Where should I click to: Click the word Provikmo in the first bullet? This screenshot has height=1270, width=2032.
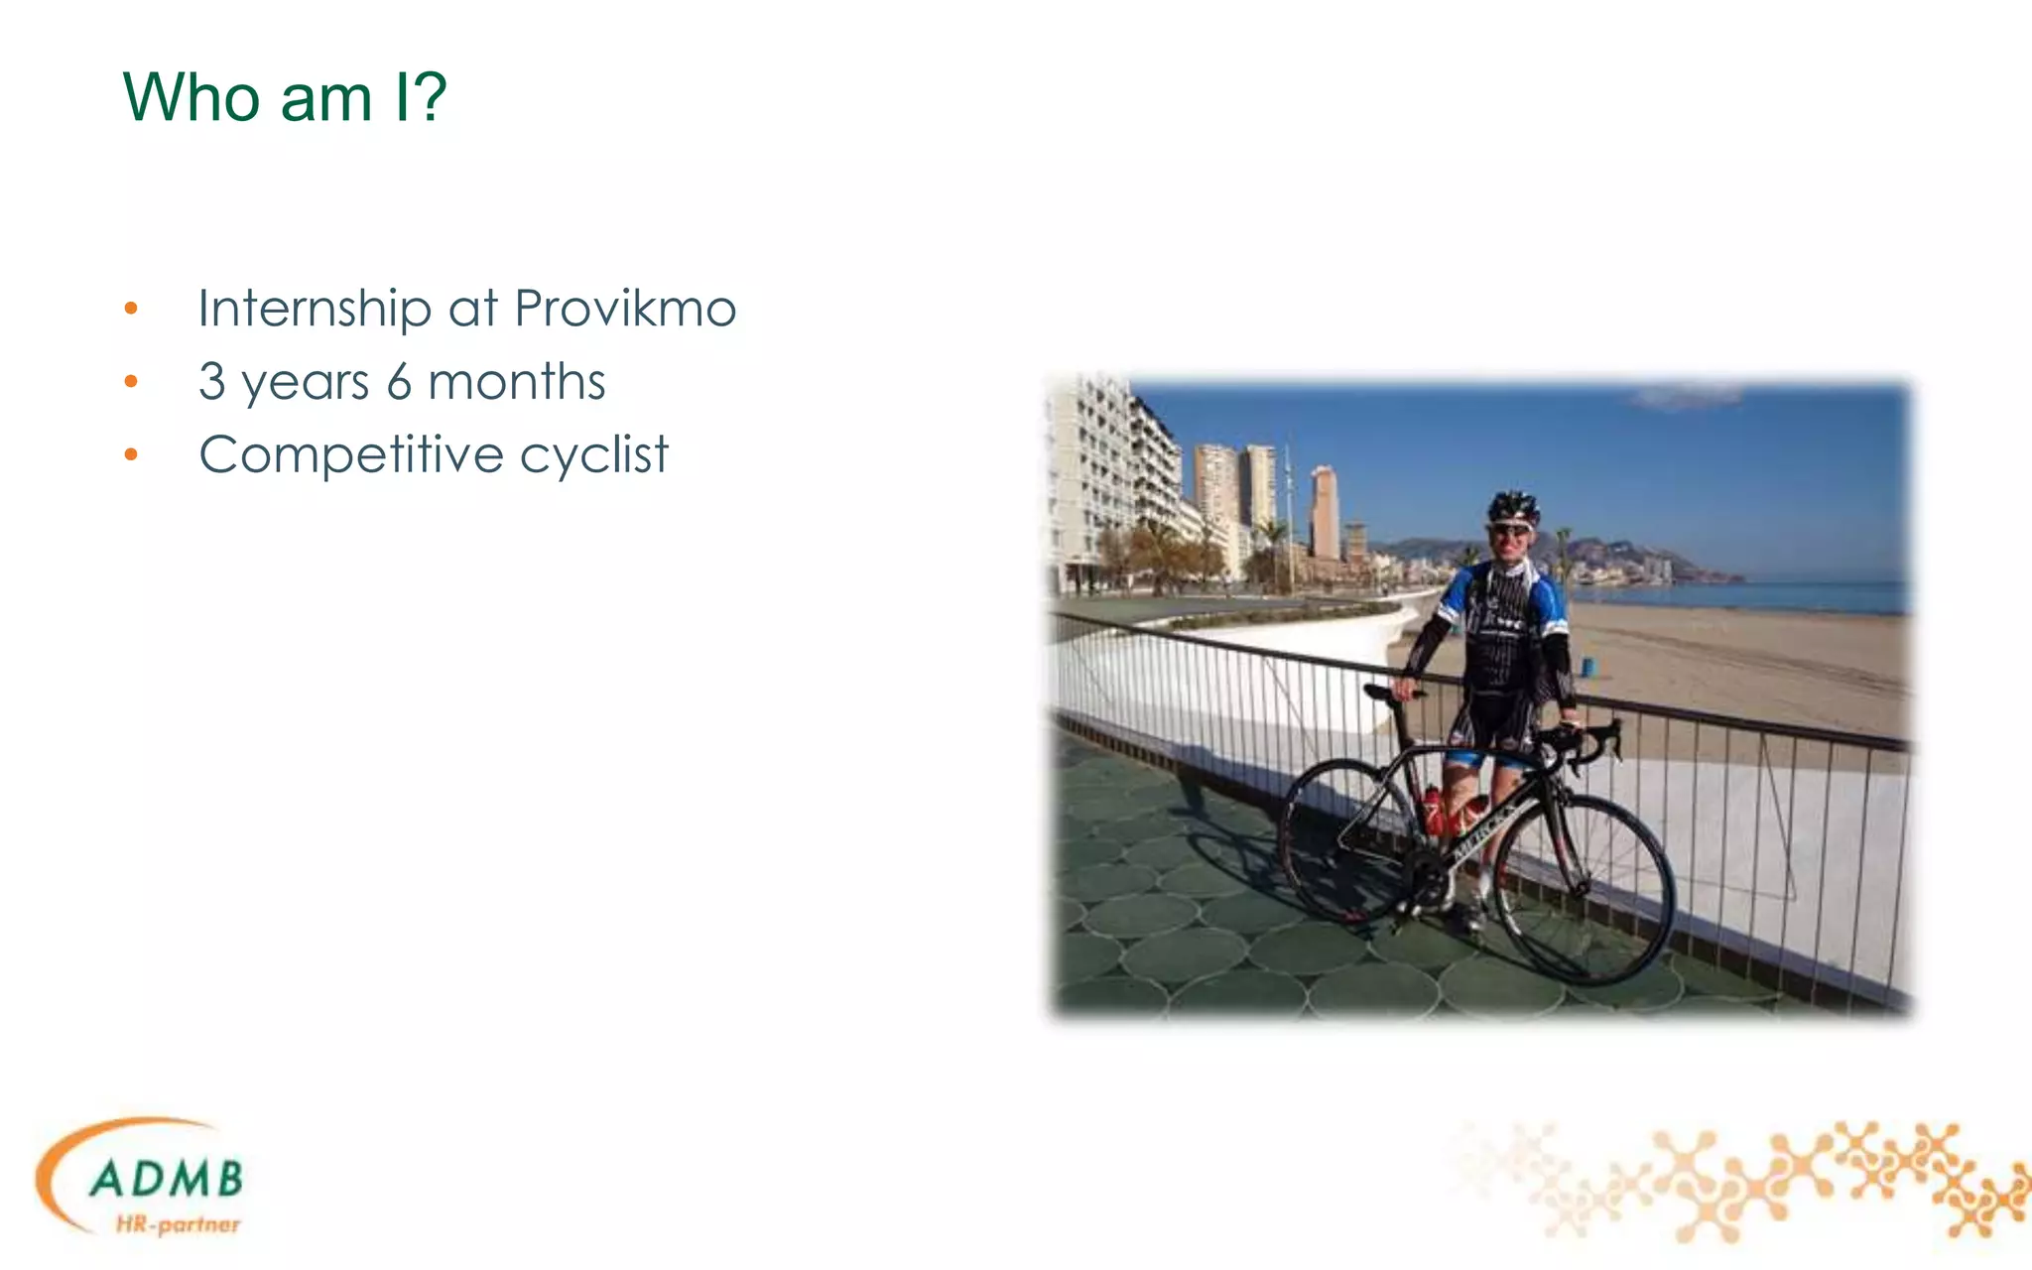[x=625, y=309]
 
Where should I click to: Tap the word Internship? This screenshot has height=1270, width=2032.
[x=314, y=309]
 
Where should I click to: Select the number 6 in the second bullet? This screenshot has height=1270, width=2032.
[x=399, y=382]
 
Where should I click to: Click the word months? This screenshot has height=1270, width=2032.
[x=516, y=382]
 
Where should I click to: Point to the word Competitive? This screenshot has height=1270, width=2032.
[x=351, y=455]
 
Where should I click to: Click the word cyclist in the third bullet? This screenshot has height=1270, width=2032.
[x=593, y=455]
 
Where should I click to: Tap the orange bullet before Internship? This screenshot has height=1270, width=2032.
[x=131, y=309]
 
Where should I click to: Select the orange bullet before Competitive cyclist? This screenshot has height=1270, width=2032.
[x=131, y=455]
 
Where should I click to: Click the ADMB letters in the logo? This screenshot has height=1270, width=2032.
[x=166, y=1179]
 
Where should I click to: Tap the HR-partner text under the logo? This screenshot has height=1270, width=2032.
[x=178, y=1224]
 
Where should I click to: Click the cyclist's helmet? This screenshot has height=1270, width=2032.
[x=1513, y=505]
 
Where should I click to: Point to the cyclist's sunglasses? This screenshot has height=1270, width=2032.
[x=1509, y=530]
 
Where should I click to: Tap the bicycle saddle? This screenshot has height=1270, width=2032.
[x=1389, y=692]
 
